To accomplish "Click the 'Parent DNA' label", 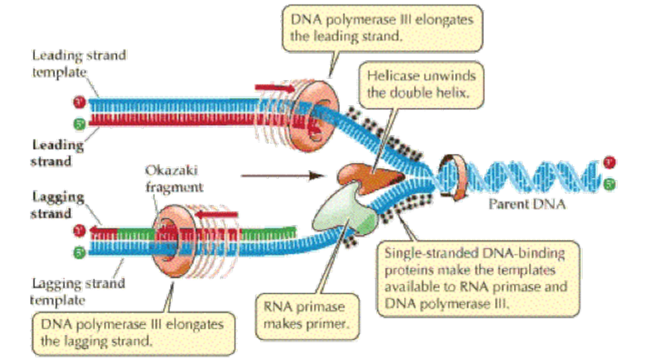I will tap(527, 204).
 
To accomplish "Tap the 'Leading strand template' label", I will tap(79, 64).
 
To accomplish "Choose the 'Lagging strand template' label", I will tap(79, 291).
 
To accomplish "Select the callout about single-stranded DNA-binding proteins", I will tap(480, 278).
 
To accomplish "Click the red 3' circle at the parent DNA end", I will tap(609, 163).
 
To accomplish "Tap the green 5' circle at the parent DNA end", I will tap(609, 183).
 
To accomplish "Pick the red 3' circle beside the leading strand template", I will tap(77, 103).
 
